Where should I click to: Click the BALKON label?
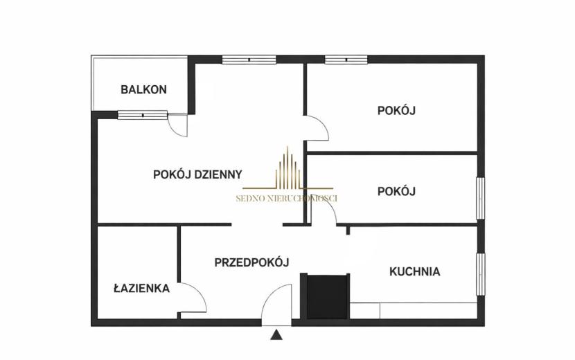[144, 89]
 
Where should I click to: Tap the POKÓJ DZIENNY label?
[197, 174]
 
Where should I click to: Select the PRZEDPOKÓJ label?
[252, 262]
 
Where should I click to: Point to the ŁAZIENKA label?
[141, 288]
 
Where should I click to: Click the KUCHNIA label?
[415, 271]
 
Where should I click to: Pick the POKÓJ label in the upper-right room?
[396, 110]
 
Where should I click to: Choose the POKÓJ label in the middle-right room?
[396, 191]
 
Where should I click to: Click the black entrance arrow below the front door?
[276, 335]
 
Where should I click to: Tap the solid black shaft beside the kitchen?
[327, 297]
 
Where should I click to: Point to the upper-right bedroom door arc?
[324, 125]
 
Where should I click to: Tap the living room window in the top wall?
[249, 60]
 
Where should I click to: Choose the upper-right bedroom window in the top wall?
[346, 60]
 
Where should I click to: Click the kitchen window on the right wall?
[481, 274]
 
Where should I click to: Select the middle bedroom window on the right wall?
[481, 198]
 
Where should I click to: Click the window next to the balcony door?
[143, 115]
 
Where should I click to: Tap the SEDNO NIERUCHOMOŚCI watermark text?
[286, 199]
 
